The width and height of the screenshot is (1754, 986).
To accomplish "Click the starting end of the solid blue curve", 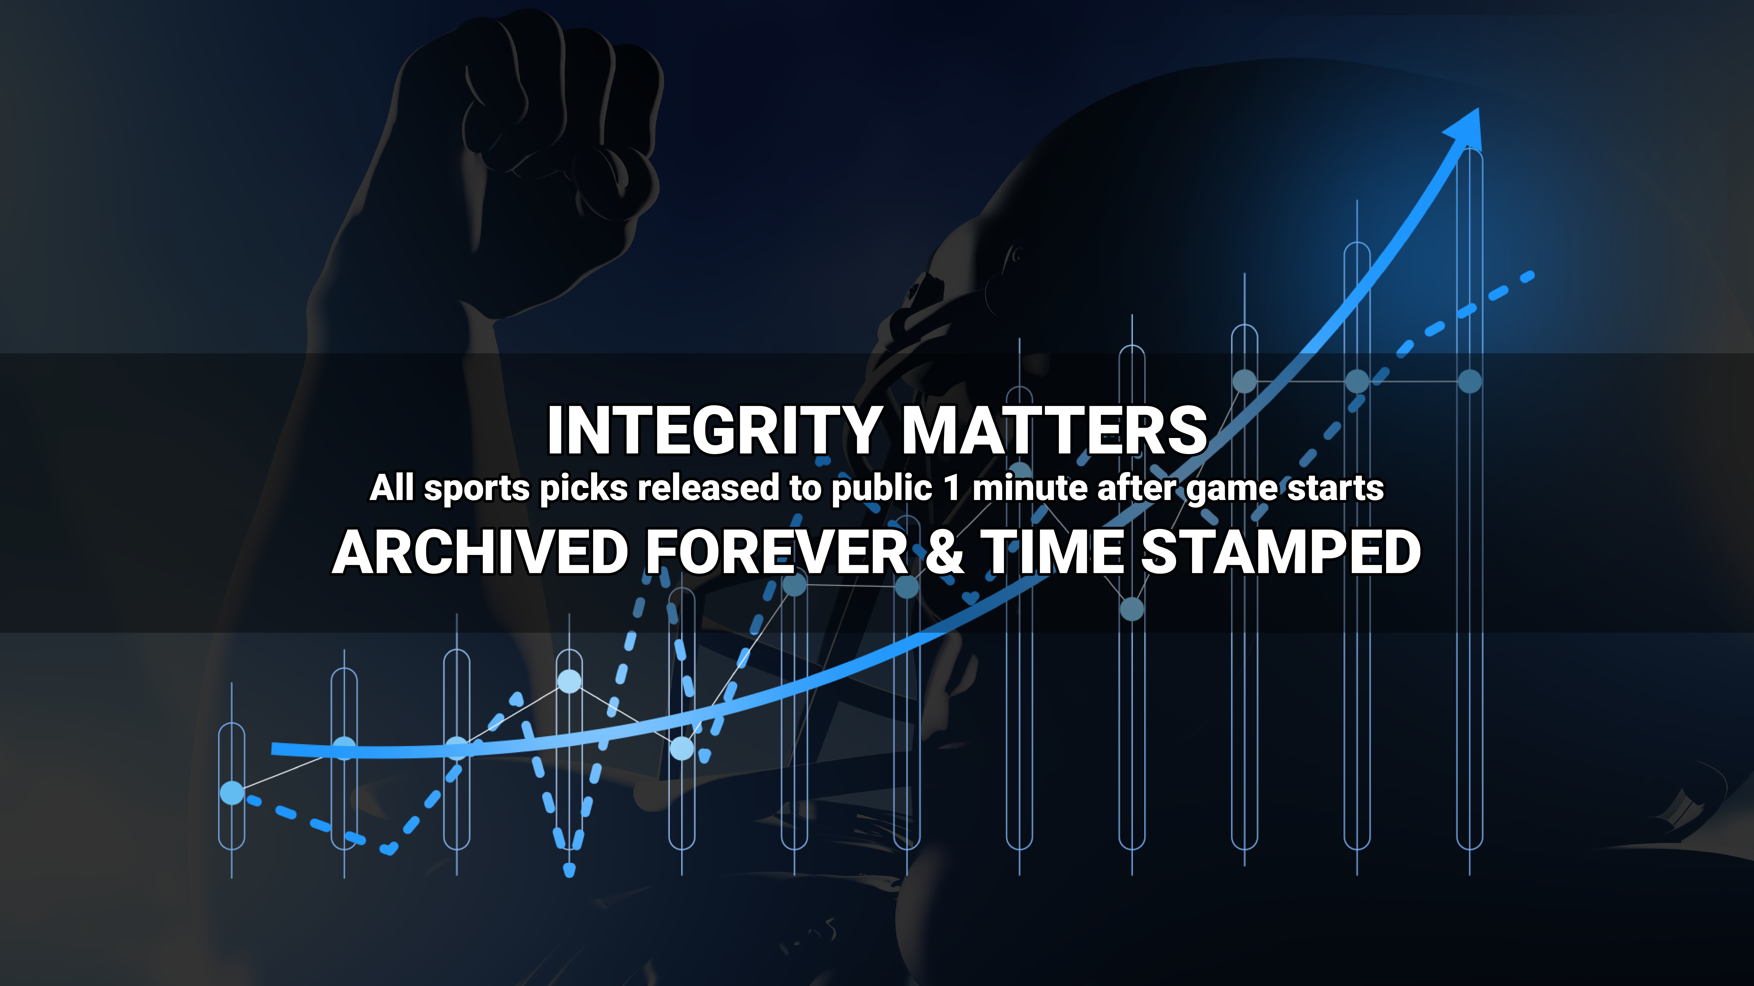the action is point(273,748).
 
